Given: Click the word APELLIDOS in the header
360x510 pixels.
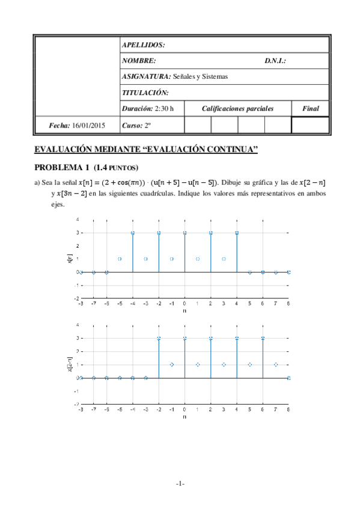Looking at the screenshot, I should [143, 45].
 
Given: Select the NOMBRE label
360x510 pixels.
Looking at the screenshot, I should [139, 61].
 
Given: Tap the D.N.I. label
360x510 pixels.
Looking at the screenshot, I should [275, 61].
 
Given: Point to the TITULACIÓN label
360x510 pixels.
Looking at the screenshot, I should [145, 93].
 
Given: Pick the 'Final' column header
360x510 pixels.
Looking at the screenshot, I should [310, 109].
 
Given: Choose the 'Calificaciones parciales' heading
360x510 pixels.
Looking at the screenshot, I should [237, 109].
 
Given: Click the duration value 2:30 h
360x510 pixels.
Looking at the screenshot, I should [163, 109].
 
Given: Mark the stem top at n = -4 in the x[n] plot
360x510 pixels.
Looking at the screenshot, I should [132, 233].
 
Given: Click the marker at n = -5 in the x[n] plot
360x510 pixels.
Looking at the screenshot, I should [120, 259].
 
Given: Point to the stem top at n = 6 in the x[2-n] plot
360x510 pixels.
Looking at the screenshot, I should [263, 339].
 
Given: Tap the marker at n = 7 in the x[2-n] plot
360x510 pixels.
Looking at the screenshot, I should [276, 364].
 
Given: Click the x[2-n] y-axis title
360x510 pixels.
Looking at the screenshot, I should [70, 364].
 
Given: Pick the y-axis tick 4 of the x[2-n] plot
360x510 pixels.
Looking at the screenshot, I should [76, 325].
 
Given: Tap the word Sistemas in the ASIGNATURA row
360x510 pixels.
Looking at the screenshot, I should [215, 77].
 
